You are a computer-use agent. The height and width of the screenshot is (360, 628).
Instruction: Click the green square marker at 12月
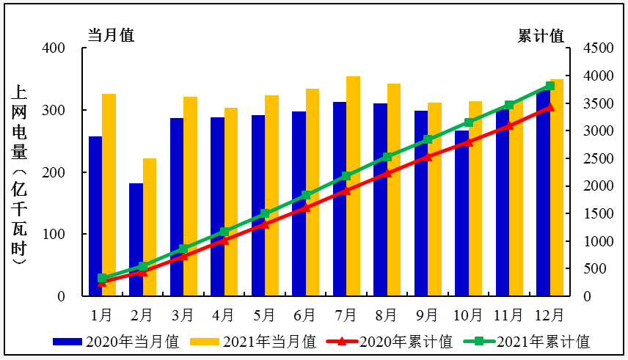pyautogui.click(x=550, y=86)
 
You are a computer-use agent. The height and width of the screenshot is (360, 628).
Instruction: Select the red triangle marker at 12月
pyautogui.click(x=550, y=107)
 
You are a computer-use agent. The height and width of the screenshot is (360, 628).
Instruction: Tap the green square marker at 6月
pyautogui.click(x=306, y=195)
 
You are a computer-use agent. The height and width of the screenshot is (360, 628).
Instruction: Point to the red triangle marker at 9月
pyautogui.click(x=428, y=156)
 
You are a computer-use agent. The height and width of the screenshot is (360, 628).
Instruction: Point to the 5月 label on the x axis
pyautogui.click(x=265, y=315)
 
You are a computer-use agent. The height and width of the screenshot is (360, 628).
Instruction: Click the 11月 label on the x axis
pyautogui.click(x=509, y=315)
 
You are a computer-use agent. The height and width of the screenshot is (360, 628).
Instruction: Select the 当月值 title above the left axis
pyautogui.click(x=112, y=35)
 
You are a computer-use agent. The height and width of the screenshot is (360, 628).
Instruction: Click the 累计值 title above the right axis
pyautogui.click(x=541, y=35)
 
